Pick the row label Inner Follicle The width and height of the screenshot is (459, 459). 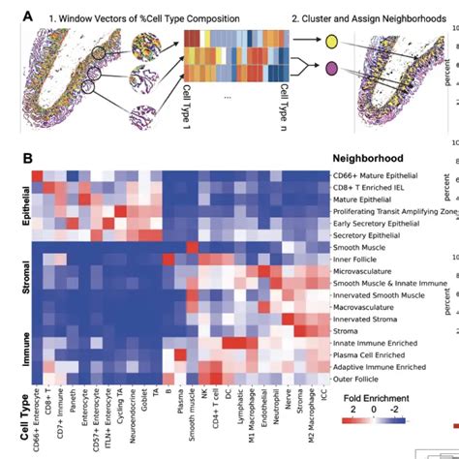coord(360,262)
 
